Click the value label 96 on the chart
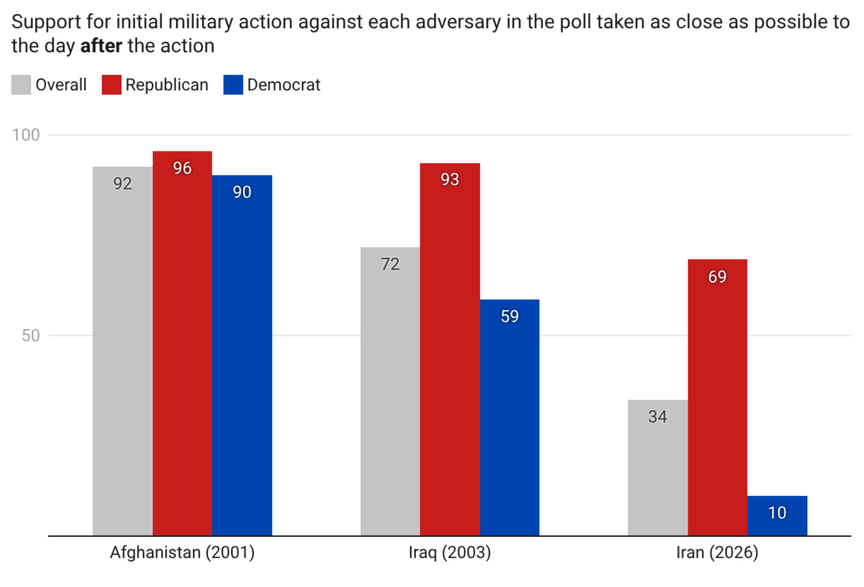[x=182, y=168]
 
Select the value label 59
[x=509, y=316]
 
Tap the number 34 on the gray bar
[x=658, y=416]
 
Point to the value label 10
[x=777, y=513]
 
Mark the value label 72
[x=390, y=264]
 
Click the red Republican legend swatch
[x=111, y=85]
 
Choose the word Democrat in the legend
[x=284, y=85]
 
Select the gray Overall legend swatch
[x=21, y=85]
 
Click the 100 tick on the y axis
[x=26, y=135]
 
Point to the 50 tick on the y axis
[x=30, y=336]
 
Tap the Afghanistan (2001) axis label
[x=182, y=552]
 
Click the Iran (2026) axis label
[x=717, y=552]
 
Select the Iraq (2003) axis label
[x=450, y=552]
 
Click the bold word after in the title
[x=101, y=46]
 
